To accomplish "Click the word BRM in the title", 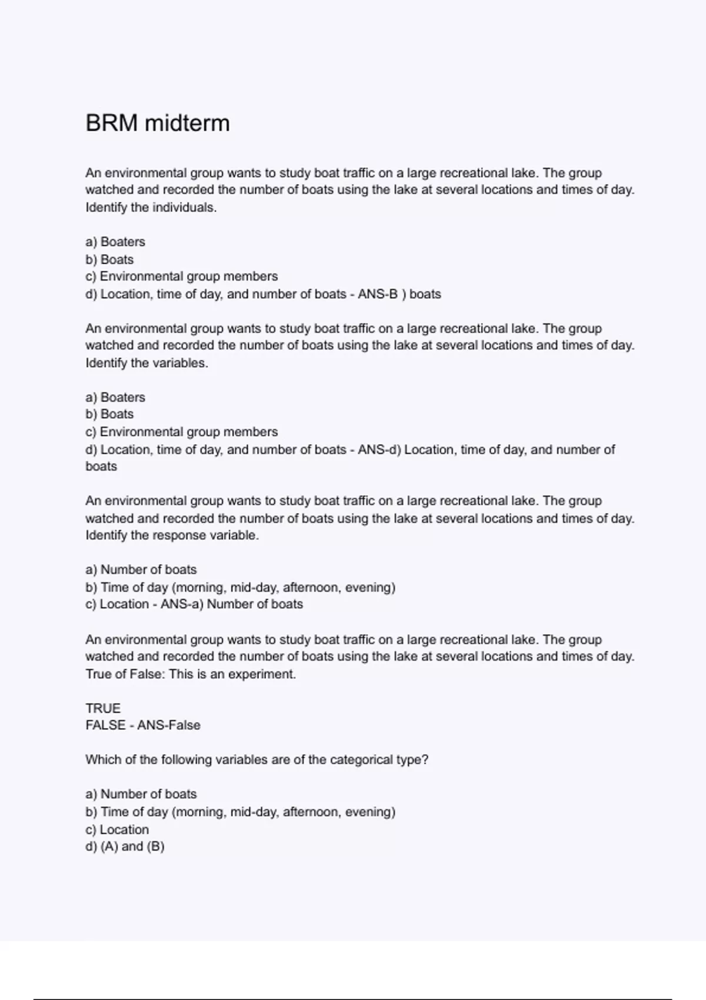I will pos(111,124).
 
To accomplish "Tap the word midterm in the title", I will pos(187,124).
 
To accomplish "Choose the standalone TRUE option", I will pos(103,708).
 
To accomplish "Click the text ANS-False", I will pos(169,725).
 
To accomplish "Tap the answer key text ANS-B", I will pos(378,294).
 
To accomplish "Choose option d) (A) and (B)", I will pos(125,846).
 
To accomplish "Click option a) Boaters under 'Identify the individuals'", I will pos(115,242).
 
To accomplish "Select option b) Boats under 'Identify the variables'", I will pos(109,414).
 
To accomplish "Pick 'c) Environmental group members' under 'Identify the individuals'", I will pos(181,276).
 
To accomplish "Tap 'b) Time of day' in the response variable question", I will pos(240,587).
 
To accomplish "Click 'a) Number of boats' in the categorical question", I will pos(141,794).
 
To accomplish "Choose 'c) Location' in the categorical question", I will pos(117,829).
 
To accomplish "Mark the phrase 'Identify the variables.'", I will pos(146,363).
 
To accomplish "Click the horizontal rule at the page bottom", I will pos(353,999).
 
